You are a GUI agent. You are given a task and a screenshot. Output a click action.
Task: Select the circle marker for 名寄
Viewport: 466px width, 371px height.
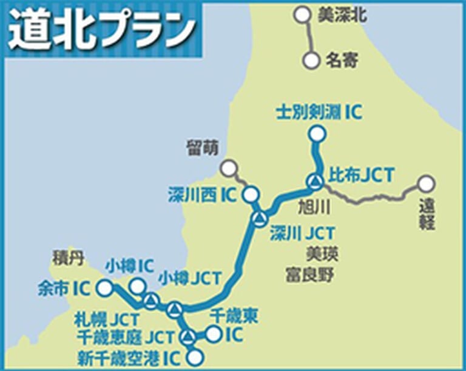tap(311, 61)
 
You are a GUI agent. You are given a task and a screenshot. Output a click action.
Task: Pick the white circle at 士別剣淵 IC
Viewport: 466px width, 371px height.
tap(316, 134)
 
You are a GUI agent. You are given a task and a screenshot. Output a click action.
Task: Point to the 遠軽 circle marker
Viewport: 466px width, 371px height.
tap(427, 182)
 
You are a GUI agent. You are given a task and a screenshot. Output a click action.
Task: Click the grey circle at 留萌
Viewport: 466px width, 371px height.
tap(229, 167)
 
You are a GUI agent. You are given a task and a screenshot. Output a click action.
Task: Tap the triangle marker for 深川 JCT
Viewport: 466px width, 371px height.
tap(260, 218)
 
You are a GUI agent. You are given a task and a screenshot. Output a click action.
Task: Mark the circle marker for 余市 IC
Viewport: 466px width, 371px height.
tap(105, 288)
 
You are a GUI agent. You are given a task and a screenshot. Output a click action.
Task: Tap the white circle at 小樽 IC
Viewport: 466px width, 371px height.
tap(138, 286)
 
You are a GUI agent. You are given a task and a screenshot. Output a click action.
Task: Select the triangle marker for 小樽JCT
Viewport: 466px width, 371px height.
tap(150, 300)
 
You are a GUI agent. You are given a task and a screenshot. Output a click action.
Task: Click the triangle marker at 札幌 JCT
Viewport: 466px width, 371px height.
tap(174, 310)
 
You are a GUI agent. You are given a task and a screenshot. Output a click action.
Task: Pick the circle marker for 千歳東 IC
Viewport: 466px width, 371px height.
tap(213, 333)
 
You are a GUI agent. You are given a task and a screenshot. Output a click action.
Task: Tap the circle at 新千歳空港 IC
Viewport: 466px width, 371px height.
tap(194, 357)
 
